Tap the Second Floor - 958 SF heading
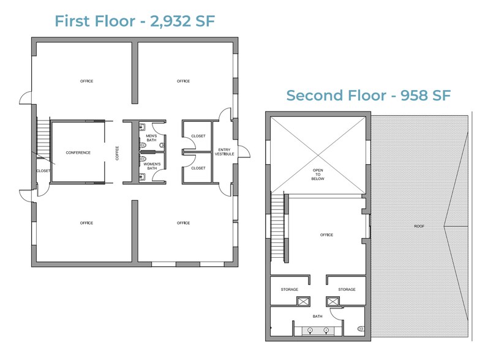(x=369, y=96)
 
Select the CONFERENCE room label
(x=78, y=152)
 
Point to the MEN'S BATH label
(x=152, y=138)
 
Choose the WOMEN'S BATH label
(x=152, y=167)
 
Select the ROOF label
(x=419, y=227)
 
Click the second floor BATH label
(x=317, y=317)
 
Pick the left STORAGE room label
(x=289, y=289)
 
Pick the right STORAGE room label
(x=347, y=289)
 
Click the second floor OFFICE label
(x=326, y=234)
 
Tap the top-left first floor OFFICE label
(x=87, y=81)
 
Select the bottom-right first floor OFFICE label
(x=183, y=223)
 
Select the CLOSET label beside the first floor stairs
(x=43, y=171)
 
